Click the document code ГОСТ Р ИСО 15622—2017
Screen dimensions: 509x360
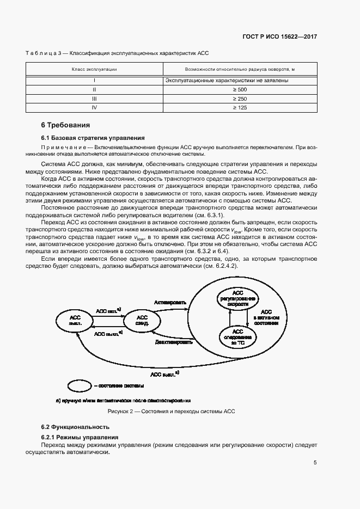click(279, 36)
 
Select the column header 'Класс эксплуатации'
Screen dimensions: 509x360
click(94, 70)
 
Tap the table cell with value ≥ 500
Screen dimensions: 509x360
click(240, 89)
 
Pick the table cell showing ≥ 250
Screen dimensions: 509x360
click(240, 99)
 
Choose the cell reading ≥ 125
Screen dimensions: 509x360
click(240, 108)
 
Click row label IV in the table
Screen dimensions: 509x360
click(94, 108)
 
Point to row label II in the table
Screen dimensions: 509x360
click(94, 89)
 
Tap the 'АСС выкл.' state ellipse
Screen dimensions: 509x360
click(76, 320)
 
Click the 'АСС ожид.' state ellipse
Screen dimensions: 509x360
click(142, 320)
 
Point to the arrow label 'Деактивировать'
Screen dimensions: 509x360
click(174, 342)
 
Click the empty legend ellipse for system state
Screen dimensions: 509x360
click(80, 386)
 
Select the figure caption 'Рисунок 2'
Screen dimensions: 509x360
click(171, 412)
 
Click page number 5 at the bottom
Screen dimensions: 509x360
click(315, 463)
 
